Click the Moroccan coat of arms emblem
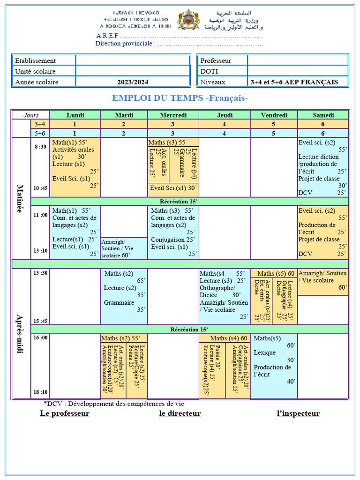[188, 20]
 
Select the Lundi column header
[75, 115]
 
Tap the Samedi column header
[323, 115]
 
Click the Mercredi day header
[173, 115]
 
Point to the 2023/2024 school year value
[133, 82]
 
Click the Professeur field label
[216, 60]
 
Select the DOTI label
[209, 71]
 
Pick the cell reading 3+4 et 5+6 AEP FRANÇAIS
[294, 82]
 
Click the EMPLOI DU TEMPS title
[180, 98]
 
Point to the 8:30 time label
[40, 147]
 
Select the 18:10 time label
[40, 392]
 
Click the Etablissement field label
[35, 60]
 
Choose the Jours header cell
[30, 115]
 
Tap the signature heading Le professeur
[65, 413]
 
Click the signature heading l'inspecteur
[299, 413]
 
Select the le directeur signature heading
[180, 413]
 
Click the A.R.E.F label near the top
[109, 36]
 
